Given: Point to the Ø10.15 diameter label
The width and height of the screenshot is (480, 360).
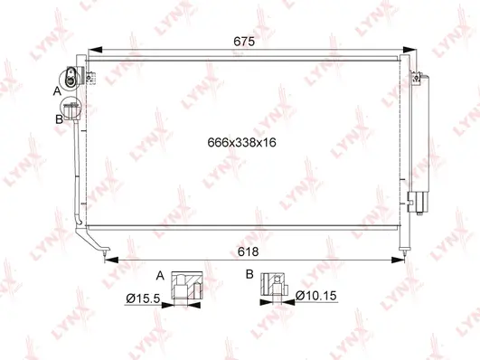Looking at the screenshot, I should click(317, 294).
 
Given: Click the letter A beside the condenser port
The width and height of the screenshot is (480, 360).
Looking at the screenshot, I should click(57, 91).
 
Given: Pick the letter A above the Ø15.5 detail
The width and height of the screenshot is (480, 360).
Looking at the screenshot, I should click(161, 273).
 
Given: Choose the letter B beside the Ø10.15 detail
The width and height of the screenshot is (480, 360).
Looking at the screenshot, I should click(248, 273).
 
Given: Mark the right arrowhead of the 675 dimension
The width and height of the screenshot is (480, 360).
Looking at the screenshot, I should click(414, 52).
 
